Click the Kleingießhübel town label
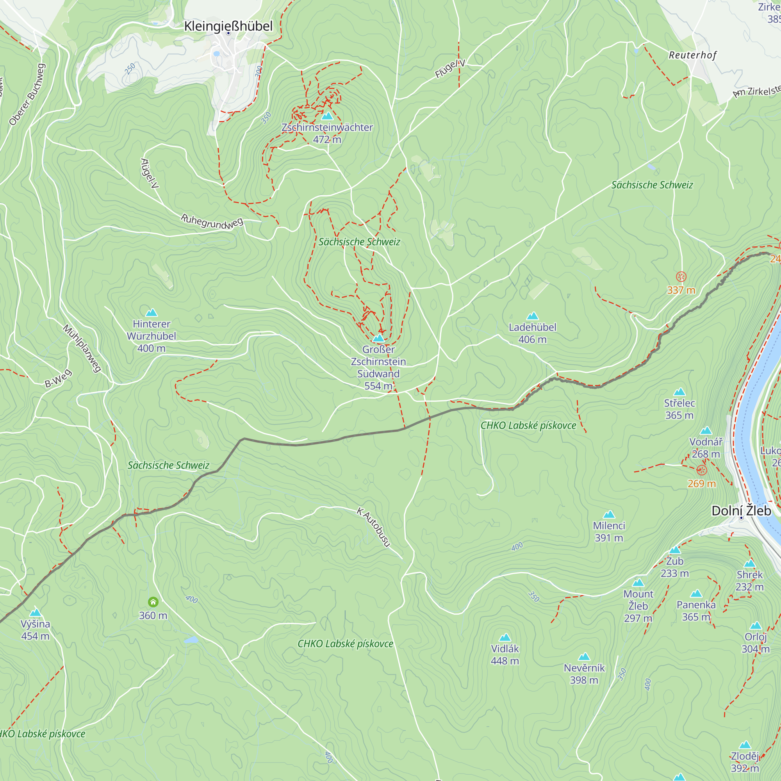pyautogui.click(x=228, y=26)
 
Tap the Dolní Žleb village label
pyautogui.click(x=741, y=511)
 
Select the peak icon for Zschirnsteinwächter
pyautogui.click(x=327, y=116)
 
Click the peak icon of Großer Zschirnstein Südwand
pyautogui.click(x=378, y=338)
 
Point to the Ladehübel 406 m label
pyautogui.click(x=532, y=333)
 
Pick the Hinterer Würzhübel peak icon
pyautogui.click(x=151, y=312)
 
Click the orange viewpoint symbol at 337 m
pyautogui.click(x=681, y=277)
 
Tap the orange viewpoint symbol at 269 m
pyautogui.click(x=701, y=470)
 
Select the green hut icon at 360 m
pyautogui.click(x=153, y=602)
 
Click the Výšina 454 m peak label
pyautogui.click(x=36, y=630)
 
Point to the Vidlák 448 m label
pyautogui.click(x=505, y=654)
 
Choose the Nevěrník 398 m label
pyautogui.click(x=584, y=674)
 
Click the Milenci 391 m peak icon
pyautogui.click(x=609, y=515)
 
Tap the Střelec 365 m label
pyautogui.click(x=679, y=409)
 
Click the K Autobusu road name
pyautogui.click(x=374, y=528)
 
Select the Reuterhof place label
pyautogui.click(x=692, y=55)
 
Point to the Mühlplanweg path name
pyautogui.click(x=82, y=348)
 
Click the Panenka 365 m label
pyautogui.click(x=696, y=611)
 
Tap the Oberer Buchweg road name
pyautogui.click(x=27, y=94)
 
